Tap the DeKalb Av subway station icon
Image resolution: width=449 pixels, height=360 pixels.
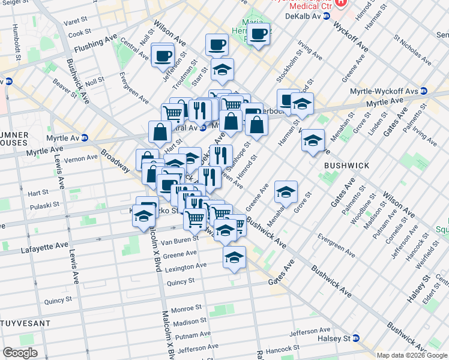click(x=327, y=16)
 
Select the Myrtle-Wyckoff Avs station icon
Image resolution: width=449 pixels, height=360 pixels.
click(x=424, y=91)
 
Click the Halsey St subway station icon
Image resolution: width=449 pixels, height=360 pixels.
click(x=356, y=338)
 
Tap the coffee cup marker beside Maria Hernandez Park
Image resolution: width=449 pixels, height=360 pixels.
click(x=259, y=34)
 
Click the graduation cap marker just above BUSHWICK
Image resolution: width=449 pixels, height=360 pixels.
click(x=312, y=141)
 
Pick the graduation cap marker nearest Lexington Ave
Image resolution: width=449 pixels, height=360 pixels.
click(x=234, y=258)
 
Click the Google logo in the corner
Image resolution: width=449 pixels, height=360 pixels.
click(x=19, y=353)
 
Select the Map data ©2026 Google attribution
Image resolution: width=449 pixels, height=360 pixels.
click(x=412, y=355)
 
